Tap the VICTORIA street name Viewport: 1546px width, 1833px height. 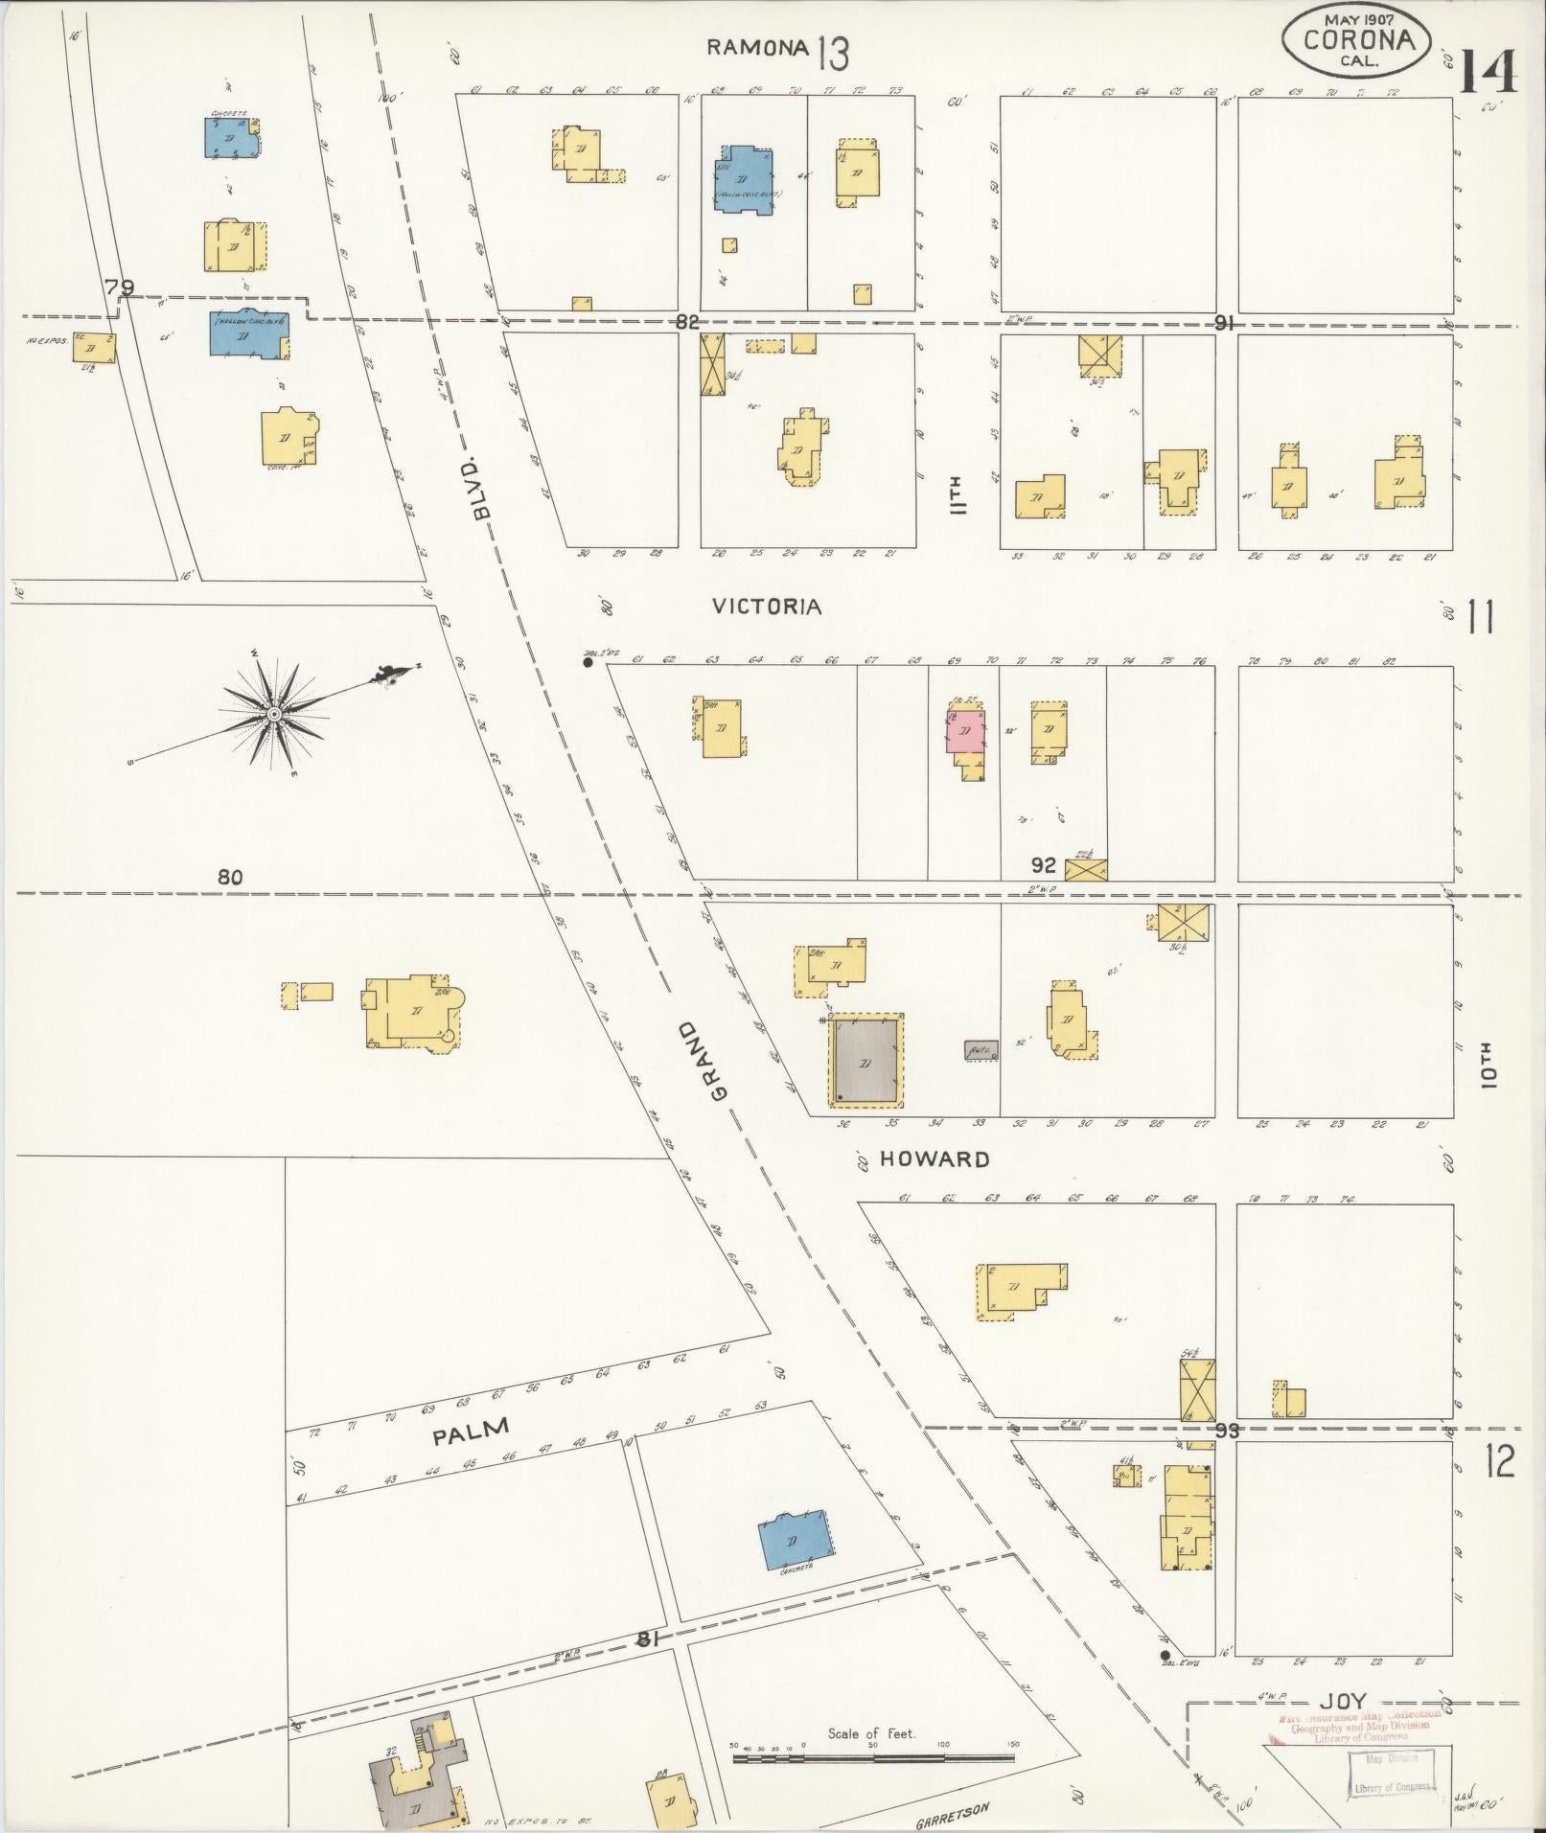767,607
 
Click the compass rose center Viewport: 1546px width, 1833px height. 274,714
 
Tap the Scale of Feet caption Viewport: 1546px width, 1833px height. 871,1733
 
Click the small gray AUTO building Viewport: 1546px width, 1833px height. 981,1049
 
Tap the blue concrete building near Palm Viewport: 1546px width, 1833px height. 795,1539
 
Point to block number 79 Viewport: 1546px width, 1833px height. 120,286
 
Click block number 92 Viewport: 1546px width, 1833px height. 1043,865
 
